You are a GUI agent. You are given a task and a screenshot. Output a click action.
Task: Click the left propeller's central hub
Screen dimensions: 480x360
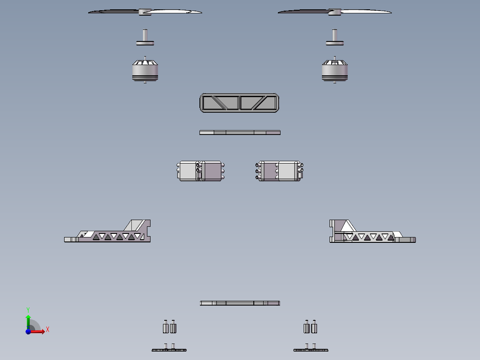click(x=145, y=12)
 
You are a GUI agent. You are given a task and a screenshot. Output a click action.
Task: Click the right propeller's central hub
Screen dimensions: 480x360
click(x=334, y=12)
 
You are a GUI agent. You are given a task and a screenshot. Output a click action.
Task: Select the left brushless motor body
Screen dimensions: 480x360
click(x=145, y=70)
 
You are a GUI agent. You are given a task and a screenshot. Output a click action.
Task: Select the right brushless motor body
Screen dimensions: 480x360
click(x=334, y=70)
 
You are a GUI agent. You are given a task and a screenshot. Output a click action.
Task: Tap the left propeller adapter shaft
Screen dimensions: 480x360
click(x=145, y=37)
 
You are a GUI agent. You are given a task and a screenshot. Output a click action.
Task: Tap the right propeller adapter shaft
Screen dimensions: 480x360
click(x=334, y=37)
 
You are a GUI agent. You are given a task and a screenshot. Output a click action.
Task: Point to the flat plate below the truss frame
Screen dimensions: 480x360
click(x=240, y=132)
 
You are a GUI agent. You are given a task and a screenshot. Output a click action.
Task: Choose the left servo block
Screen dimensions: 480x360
click(x=200, y=171)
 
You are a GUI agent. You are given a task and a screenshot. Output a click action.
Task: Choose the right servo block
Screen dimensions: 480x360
click(x=279, y=171)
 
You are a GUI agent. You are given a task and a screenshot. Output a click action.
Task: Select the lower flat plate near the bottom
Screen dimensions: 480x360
click(x=240, y=303)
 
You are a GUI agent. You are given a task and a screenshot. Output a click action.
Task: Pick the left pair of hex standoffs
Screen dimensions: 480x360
click(x=170, y=327)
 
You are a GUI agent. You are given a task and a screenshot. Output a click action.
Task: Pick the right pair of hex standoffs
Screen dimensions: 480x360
click(x=310, y=327)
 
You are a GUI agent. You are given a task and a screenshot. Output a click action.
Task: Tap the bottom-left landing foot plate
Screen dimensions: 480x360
click(x=169, y=350)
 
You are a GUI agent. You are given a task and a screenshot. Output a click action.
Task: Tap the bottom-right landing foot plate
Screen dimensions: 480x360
click(x=311, y=350)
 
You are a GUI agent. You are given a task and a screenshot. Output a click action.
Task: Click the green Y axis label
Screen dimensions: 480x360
click(x=28, y=310)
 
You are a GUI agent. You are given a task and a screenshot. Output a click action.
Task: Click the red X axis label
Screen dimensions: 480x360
click(x=48, y=330)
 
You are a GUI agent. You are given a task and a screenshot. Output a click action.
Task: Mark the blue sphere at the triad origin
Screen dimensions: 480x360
click(x=28, y=331)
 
